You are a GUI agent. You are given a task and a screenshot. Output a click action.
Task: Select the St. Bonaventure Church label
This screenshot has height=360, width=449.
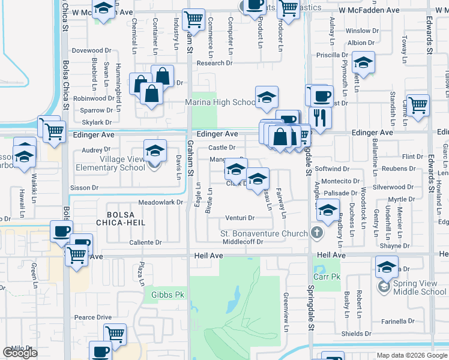[x=264, y=233]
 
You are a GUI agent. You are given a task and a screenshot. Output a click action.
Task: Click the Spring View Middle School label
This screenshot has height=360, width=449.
[x=421, y=288]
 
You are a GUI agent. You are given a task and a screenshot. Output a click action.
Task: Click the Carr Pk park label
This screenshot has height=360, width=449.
[x=327, y=277]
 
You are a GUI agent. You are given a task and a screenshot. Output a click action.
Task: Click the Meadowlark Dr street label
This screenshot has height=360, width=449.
[x=160, y=202]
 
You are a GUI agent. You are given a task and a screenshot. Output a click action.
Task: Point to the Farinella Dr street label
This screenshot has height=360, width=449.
[x=390, y=321]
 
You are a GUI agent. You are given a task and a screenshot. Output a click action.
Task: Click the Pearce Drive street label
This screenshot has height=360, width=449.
[x=93, y=317]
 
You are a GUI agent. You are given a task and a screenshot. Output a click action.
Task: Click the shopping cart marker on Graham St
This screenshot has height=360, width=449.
[x=193, y=20]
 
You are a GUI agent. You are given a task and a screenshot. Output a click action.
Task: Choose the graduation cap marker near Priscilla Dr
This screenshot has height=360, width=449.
[x=363, y=62]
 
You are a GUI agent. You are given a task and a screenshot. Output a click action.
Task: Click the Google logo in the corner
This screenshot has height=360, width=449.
[x=20, y=353]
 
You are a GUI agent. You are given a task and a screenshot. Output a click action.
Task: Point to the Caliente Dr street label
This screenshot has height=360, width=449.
[x=146, y=242]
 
